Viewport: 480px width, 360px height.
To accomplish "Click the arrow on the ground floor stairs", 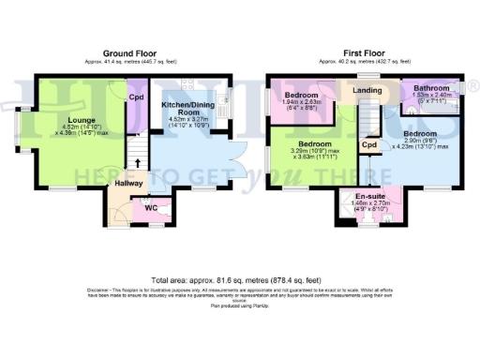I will pos(140,162).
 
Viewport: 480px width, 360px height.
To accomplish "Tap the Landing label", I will pos(366,91).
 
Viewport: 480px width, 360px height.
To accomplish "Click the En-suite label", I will pos(357,195).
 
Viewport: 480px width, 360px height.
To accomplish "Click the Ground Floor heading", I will pos(130,53).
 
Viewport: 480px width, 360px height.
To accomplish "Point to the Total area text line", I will pos(239,279).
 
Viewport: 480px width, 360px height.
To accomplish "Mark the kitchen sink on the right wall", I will pos(222,100).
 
